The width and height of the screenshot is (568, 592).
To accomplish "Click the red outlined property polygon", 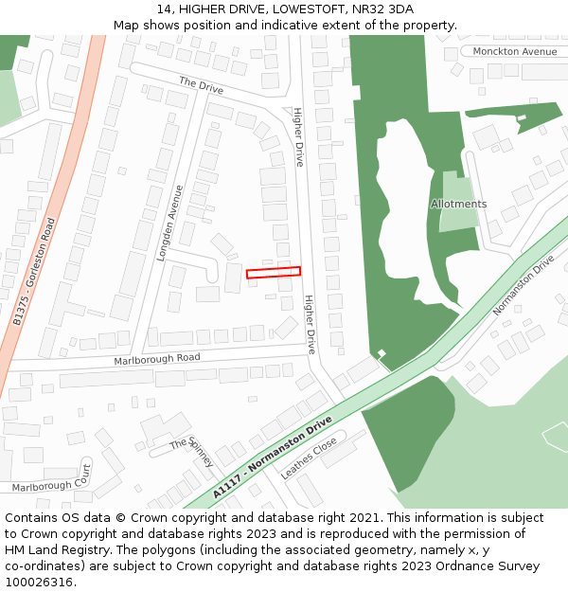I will pyautogui.click(x=274, y=273).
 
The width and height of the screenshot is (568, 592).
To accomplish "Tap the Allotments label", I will pyautogui.click(x=458, y=204).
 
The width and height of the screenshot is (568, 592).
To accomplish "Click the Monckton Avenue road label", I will pyautogui.click(x=515, y=51).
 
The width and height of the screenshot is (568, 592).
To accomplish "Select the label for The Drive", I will pyautogui.click(x=201, y=84).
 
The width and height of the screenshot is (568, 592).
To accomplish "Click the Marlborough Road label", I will pyautogui.click(x=157, y=359).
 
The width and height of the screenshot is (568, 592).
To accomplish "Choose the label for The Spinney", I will pyautogui.click(x=194, y=451).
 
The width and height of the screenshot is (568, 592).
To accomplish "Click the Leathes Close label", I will pyautogui.click(x=310, y=457).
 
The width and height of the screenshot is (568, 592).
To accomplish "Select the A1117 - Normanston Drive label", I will pyautogui.click(x=273, y=457).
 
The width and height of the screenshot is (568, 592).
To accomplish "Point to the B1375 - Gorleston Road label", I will pyautogui.click(x=35, y=272).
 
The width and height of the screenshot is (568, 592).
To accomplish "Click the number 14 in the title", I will pyautogui.click(x=164, y=9).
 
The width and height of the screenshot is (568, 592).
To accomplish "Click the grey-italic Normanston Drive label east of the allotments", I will pyautogui.click(x=523, y=285).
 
